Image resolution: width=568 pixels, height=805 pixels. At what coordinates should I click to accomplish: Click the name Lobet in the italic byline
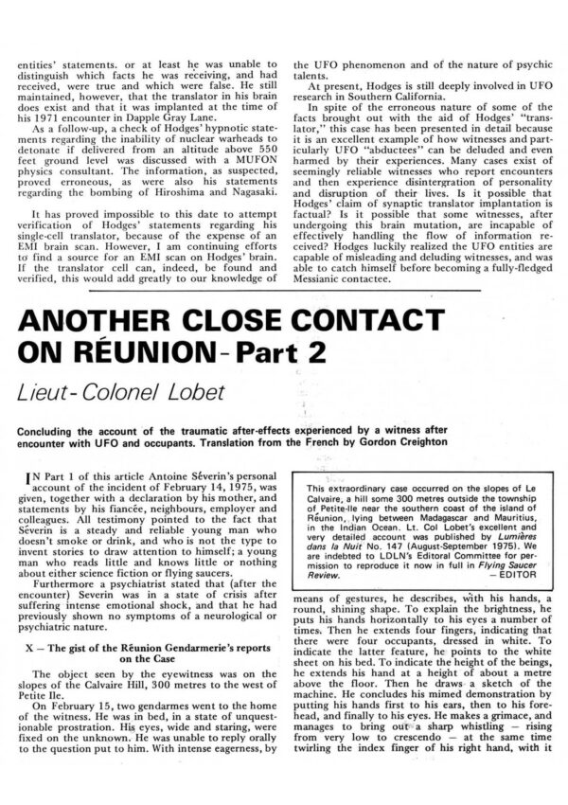[x=216, y=388]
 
